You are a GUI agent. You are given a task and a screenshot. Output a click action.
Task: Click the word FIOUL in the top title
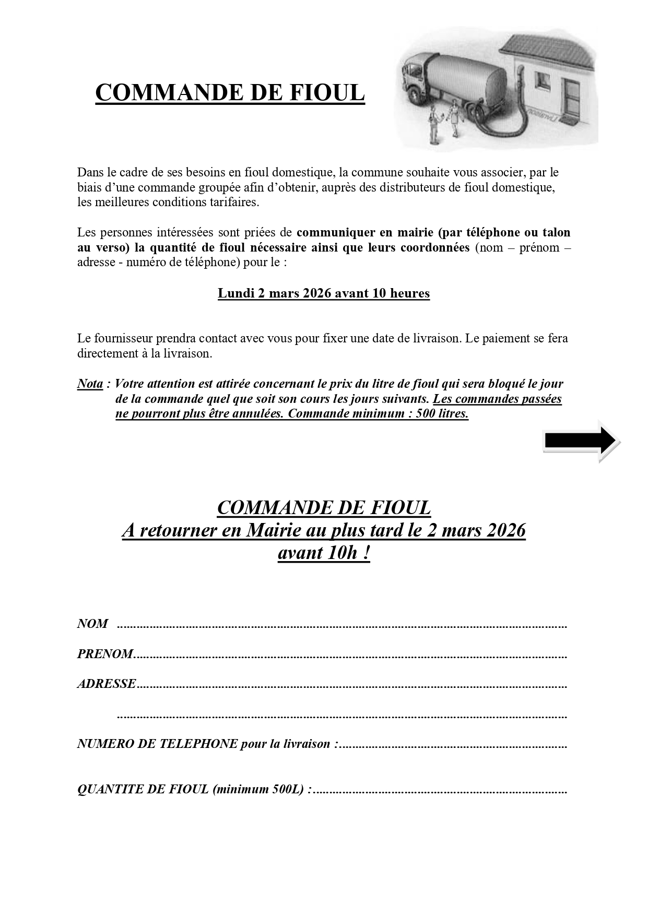point(326,93)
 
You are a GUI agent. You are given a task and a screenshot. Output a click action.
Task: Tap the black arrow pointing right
point(581,441)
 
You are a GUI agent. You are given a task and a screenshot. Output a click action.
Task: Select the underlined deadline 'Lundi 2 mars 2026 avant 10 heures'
point(324,293)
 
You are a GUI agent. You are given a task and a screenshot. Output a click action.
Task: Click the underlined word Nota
point(90,384)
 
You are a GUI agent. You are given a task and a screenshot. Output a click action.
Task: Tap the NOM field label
point(92,624)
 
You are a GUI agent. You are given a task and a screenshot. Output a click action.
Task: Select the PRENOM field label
point(105,654)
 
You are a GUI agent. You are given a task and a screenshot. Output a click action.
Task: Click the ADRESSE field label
point(107,684)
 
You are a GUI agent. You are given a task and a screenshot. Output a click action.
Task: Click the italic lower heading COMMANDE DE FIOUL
point(324,507)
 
